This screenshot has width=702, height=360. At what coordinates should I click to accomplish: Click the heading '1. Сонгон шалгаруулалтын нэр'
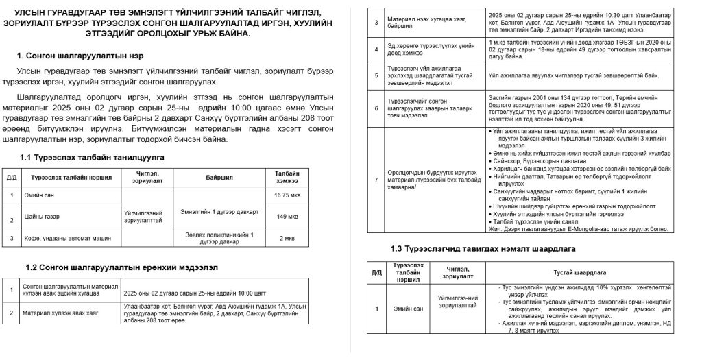[80, 56]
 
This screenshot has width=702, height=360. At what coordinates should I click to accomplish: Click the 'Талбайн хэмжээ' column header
[287, 177]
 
